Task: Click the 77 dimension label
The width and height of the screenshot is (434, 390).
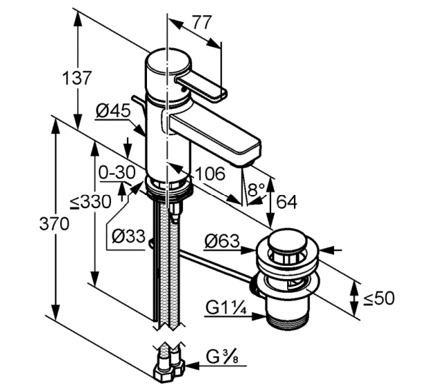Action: click(x=202, y=22)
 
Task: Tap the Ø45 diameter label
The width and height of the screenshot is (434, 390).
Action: click(x=112, y=110)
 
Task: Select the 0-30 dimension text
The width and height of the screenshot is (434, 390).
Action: click(x=116, y=172)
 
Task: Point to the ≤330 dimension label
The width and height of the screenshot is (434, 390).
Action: click(x=90, y=202)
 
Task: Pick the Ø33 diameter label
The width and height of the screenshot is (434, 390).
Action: click(x=127, y=236)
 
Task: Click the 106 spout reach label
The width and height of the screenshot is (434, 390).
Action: click(x=209, y=173)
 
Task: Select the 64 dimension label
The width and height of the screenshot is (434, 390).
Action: click(x=286, y=202)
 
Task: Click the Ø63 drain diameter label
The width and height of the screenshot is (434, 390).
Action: click(x=221, y=241)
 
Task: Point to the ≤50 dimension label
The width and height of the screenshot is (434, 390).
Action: click(x=379, y=298)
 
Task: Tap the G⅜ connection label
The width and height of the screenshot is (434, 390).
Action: click(x=222, y=359)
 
